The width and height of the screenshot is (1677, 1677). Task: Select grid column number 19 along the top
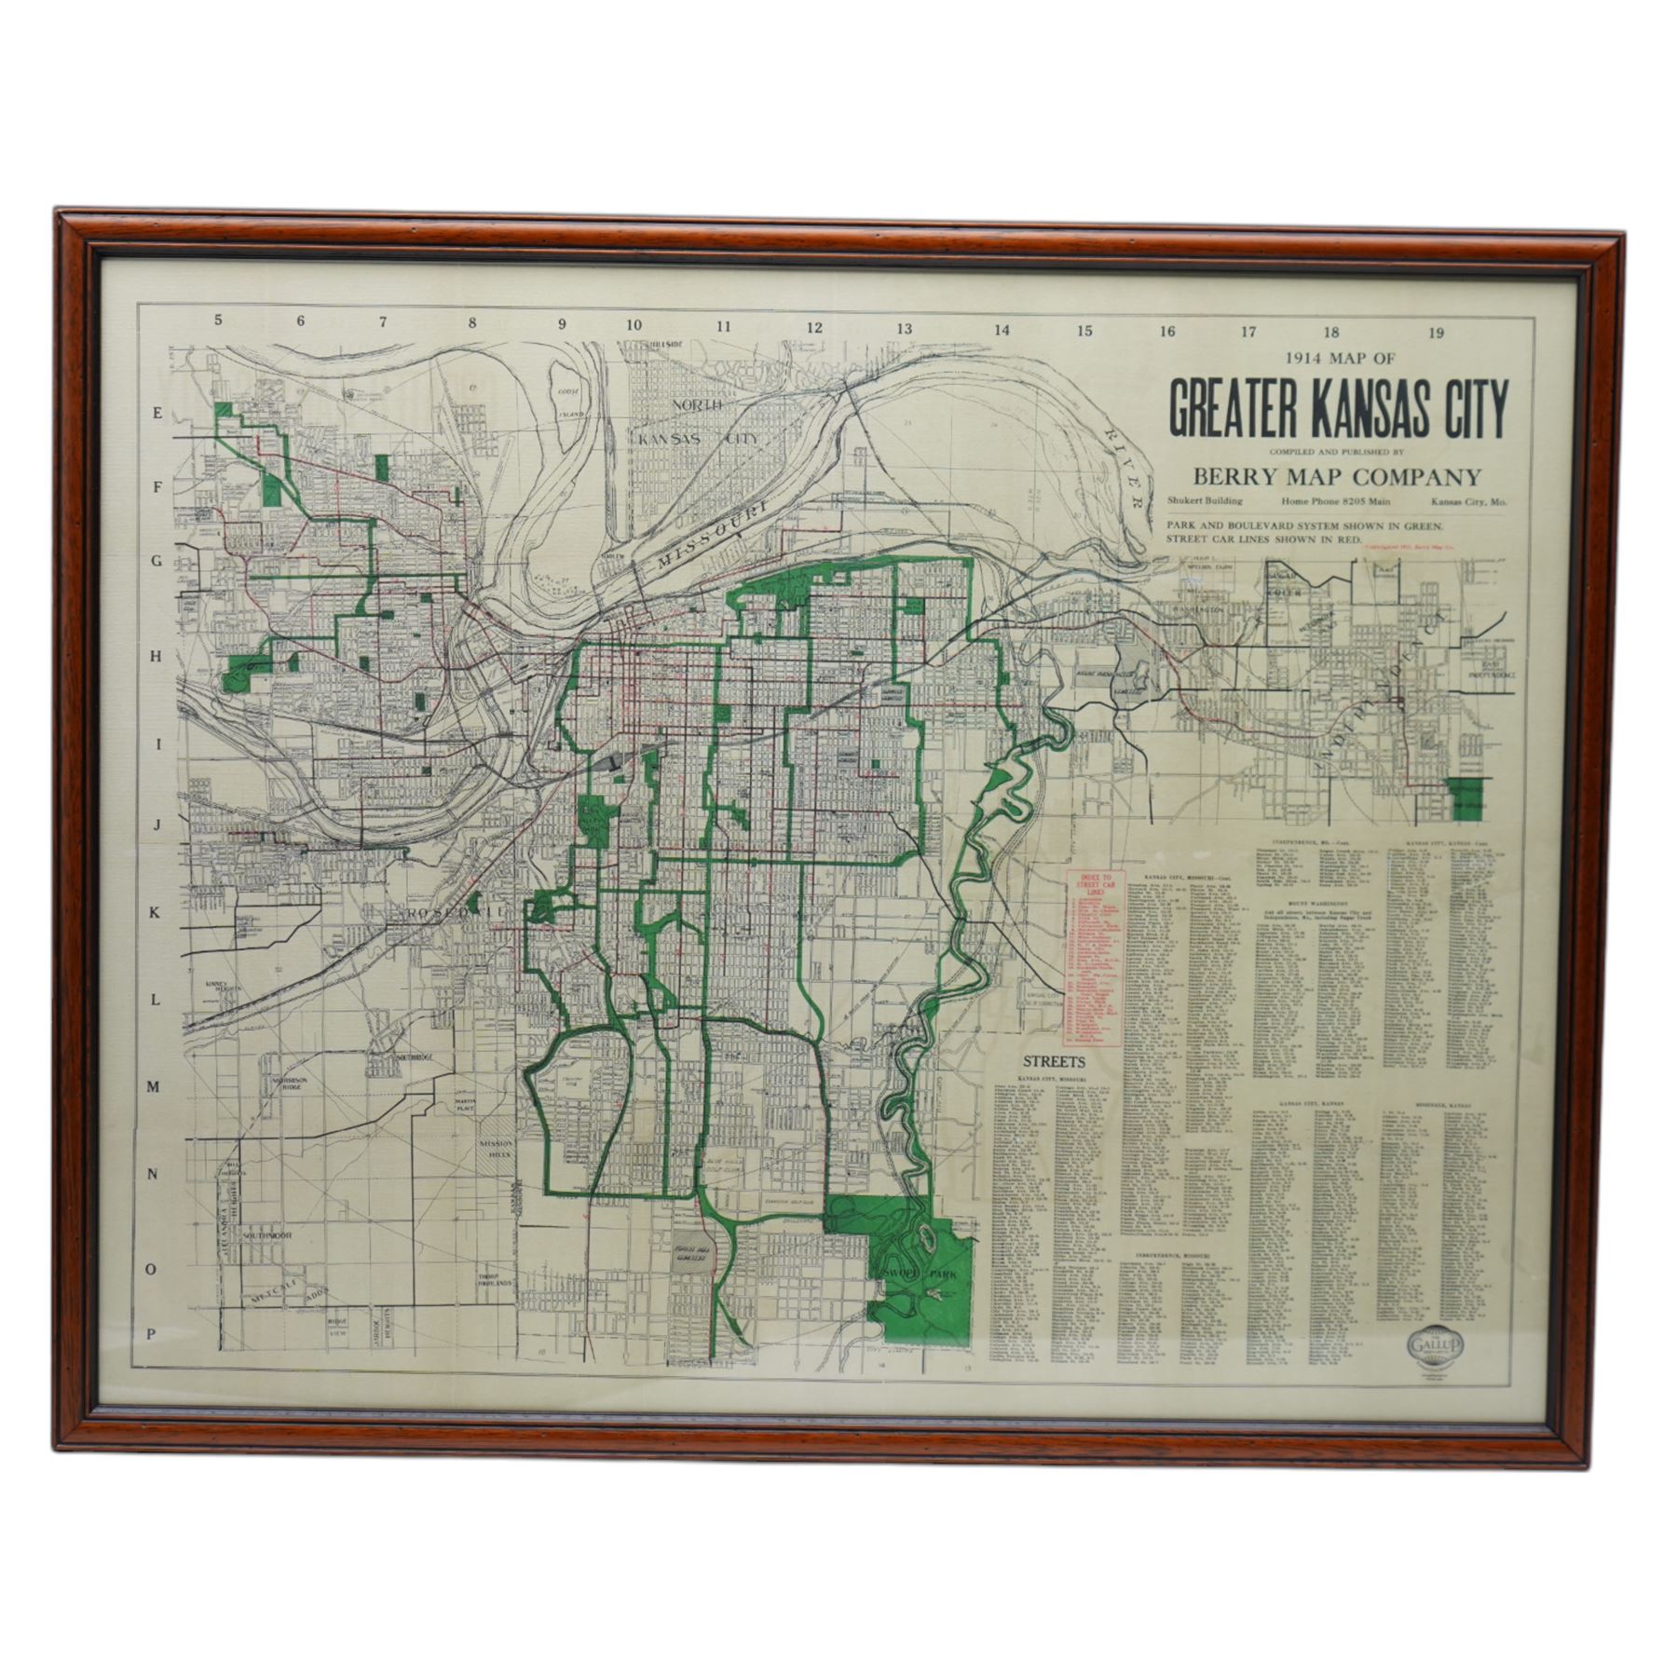point(1436,334)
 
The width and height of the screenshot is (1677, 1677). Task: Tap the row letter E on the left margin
point(157,417)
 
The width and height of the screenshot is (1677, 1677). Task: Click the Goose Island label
point(569,402)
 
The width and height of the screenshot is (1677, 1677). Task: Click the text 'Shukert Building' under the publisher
point(1205,501)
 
